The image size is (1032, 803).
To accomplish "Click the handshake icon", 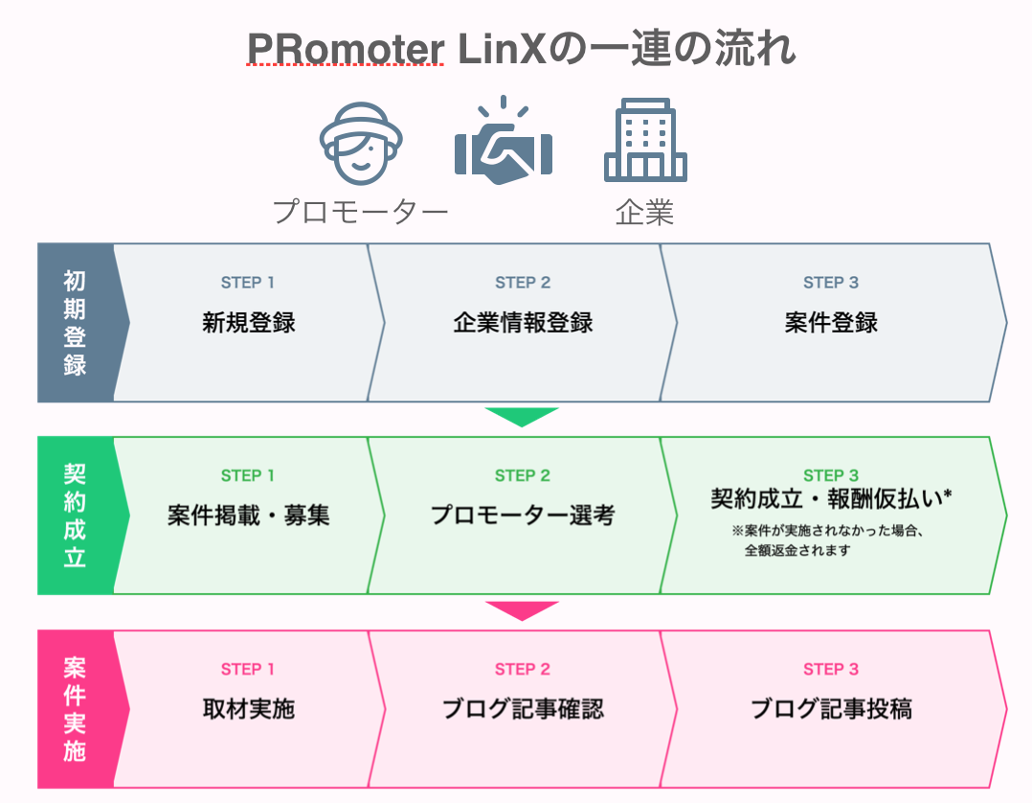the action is pos(504,141).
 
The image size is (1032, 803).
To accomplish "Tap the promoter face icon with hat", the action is pos(361,144).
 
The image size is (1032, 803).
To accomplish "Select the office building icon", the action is pos(645,140).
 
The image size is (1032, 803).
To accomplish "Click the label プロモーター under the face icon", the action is pos(361,212).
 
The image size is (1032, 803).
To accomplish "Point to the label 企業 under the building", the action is pos(645,212).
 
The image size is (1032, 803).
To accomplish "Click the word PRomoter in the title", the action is pos(346,49).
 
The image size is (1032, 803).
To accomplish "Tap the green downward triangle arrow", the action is pos(521,417).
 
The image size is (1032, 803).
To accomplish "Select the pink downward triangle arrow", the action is pos(521,610).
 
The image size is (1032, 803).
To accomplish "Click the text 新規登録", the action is pos(248,323).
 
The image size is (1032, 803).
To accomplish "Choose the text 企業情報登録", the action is pos(523,323).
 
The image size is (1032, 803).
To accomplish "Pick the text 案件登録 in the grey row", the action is pos(831,323).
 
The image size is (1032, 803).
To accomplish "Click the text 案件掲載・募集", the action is pos(248,516).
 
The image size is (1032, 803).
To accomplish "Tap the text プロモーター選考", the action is pos(523,516).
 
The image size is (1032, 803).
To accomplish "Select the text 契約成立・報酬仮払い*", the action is pos(831,498).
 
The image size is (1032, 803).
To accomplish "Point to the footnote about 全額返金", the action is pos(827,540).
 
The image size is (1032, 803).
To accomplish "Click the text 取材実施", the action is pos(248,709).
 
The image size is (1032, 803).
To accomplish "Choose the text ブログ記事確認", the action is pos(523,709).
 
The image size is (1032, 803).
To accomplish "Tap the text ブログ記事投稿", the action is pos(831,709).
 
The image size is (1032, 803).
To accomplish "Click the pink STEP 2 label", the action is pos(523,669).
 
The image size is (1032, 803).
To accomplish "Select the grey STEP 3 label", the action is pos(831,283).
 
